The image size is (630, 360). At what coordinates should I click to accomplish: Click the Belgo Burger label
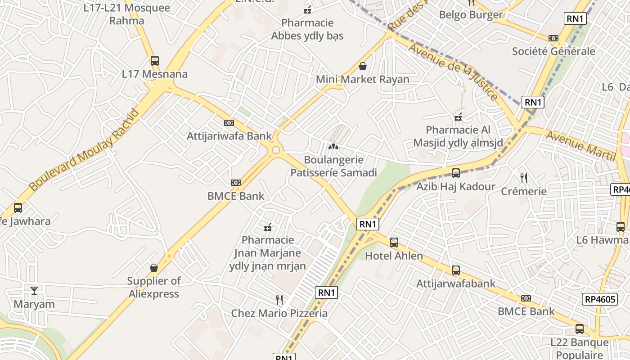471,15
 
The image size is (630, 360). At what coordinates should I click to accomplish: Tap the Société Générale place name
553,51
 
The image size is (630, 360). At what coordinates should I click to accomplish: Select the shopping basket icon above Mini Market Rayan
363,67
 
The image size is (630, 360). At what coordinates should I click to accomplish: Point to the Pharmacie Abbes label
307,29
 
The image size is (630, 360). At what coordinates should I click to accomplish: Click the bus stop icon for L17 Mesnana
155,60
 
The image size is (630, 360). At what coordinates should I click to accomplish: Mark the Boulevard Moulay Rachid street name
84,150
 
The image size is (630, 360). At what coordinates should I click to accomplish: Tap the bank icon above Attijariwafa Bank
229,123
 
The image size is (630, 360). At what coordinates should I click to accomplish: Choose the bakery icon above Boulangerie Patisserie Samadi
333,147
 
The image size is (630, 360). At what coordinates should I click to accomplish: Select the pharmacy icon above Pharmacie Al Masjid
458,117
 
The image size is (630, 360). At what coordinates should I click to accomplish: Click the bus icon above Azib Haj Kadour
456,173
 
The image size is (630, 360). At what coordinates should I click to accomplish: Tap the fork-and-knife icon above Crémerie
524,178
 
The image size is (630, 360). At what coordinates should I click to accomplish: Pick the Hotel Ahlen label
394,256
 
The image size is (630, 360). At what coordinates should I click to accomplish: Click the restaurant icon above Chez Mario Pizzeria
279,300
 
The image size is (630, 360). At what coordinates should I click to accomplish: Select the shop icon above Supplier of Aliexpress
154,268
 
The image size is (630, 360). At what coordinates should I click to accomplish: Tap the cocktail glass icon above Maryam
34,291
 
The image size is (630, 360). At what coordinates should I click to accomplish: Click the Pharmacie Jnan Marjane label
268,253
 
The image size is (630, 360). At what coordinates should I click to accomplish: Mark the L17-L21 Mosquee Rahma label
127,14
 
